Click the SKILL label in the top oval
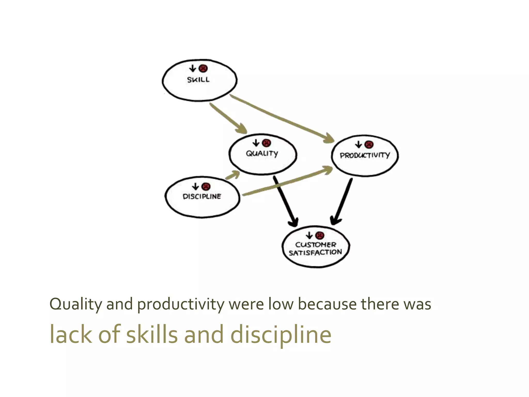point(198,80)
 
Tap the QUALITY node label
point(262,154)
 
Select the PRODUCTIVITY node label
point(365,155)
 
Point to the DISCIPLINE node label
point(202,196)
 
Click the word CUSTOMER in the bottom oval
point(316,245)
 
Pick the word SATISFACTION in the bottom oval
point(315,253)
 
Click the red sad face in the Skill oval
point(203,68)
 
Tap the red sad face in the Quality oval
point(267,143)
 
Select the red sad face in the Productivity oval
point(369,144)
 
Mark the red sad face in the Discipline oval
point(206,186)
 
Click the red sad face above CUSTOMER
point(320,235)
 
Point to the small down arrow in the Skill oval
point(193,68)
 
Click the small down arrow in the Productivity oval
point(359,144)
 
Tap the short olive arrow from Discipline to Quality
point(232,175)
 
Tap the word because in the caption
point(327,304)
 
